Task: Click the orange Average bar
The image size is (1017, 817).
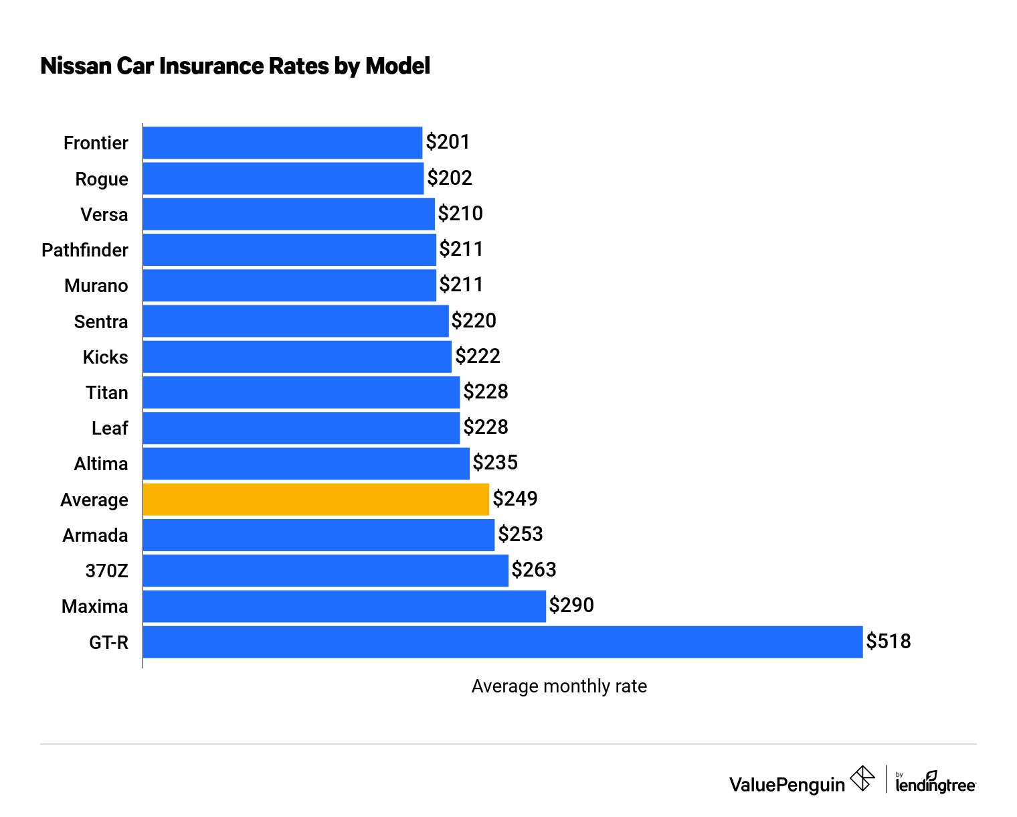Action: pyautogui.click(x=315, y=500)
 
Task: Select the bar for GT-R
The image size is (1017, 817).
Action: pyautogui.click(x=502, y=642)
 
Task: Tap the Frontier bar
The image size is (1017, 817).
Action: pyautogui.click(x=282, y=143)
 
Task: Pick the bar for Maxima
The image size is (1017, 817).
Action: pyautogui.click(x=344, y=606)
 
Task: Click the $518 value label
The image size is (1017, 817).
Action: pyautogui.click(x=888, y=642)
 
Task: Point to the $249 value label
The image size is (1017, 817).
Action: pyautogui.click(x=515, y=499)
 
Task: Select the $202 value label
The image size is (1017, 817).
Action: pyautogui.click(x=449, y=178)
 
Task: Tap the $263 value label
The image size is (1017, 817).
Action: pyautogui.click(x=533, y=570)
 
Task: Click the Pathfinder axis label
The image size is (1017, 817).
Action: pyautogui.click(x=84, y=250)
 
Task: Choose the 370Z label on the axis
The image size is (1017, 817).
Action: pyautogui.click(x=106, y=571)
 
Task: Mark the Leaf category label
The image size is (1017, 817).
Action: pyautogui.click(x=109, y=429)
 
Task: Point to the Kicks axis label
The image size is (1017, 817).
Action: pyautogui.click(x=105, y=358)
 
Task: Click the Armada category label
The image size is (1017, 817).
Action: pyautogui.click(x=95, y=536)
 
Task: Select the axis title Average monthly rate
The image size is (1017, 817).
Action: pyautogui.click(x=559, y=686)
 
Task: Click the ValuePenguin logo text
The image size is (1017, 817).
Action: pyautogui.click(x=787, y=785)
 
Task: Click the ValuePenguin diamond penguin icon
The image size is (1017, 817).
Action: pyautogui.click(x=862, y=779)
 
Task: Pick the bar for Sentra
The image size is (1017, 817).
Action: pyautogui.click(x=295, y=321)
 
